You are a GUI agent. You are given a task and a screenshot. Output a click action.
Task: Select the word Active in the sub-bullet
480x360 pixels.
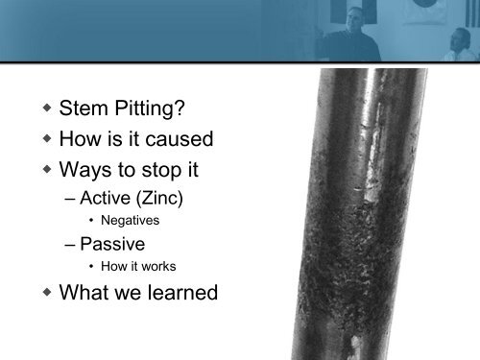(x=107, y=203)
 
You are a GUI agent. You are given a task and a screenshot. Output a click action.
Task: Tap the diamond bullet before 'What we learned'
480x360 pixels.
(x=45, y=294)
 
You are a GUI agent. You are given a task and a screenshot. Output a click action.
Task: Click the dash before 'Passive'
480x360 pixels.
(x=70, y=244)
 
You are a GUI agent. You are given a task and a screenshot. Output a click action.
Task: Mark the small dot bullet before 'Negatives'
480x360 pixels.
(x=90, y=221)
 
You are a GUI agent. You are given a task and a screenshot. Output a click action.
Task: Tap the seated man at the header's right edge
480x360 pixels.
(x=462, y=43)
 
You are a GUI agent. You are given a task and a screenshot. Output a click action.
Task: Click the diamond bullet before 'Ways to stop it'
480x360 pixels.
(x=45, y=175)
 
